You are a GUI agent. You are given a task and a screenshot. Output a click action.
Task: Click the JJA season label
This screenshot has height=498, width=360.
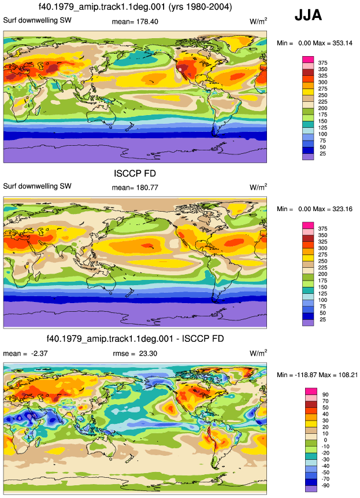point(309,15)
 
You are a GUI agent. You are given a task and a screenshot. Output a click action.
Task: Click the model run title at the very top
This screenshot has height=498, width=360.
point(135,6)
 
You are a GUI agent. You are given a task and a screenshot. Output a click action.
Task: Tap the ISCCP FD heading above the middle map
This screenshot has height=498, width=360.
point(135,174)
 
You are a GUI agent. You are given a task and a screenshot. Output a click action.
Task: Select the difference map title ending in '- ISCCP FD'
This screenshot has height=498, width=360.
point(135,338)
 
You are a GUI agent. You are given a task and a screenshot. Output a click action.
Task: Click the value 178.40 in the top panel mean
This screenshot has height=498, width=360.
point(147,21)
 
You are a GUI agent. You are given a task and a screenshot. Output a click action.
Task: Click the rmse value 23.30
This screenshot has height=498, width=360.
point(148,353)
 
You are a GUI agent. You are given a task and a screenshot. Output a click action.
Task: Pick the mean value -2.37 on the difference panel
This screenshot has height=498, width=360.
point(39,353)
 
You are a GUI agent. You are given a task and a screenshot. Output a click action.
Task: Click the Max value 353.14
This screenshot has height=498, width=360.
point(342,43)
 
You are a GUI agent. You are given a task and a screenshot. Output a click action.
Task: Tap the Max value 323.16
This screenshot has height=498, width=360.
point(342,209)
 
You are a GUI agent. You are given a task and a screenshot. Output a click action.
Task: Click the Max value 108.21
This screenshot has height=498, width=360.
point(348,375)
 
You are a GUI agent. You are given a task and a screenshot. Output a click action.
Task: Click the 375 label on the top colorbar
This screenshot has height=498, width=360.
point(322,63)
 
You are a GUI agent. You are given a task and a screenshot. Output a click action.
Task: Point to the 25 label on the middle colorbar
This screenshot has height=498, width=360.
point(322,319)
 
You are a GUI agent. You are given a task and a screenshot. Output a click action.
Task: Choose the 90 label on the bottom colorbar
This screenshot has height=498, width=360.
point(325,395)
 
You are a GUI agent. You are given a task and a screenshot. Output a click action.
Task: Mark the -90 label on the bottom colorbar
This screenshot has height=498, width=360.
point(325,486)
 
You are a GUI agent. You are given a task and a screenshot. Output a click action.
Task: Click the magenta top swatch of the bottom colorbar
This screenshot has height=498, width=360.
point(311,391)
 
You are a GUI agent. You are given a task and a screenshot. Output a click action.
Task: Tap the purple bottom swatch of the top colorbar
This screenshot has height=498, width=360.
point(308,157)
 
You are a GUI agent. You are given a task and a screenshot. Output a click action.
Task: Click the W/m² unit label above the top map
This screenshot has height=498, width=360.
point(258,21)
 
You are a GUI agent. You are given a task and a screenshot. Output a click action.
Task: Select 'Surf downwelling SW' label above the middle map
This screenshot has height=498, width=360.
point(37,186)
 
